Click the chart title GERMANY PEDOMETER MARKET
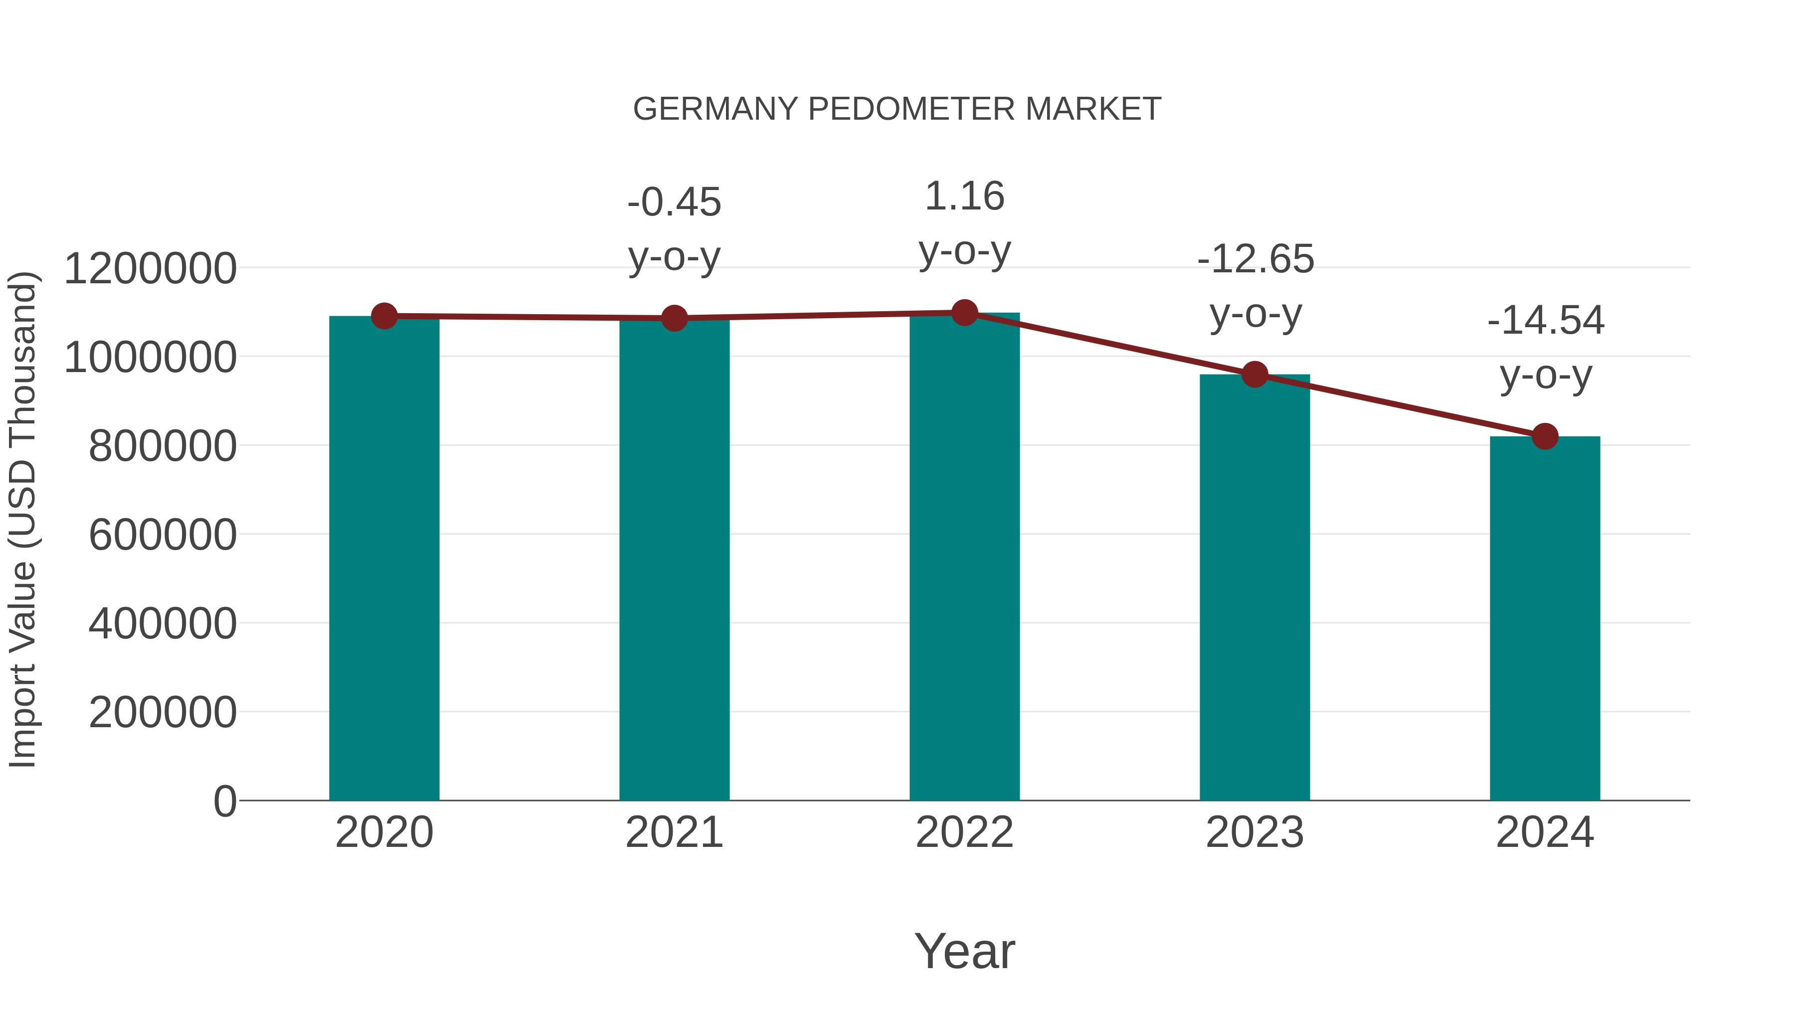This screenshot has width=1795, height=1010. tap(897, 109)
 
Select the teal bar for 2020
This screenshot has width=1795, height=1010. tap(384, 558)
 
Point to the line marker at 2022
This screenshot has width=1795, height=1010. tap(964, 313)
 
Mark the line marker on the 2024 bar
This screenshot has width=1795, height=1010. tap(1545, 436)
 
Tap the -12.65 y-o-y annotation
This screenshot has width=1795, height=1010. tap(1255, 286)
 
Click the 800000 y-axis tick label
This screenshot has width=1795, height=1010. tap(163, 446)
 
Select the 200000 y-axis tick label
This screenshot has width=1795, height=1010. tap(163, 712)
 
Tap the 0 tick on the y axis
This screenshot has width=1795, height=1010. tap(225, 802)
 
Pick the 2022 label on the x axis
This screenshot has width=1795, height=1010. tap(964, 832)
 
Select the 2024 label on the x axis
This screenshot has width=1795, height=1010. tap(1545, 832)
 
